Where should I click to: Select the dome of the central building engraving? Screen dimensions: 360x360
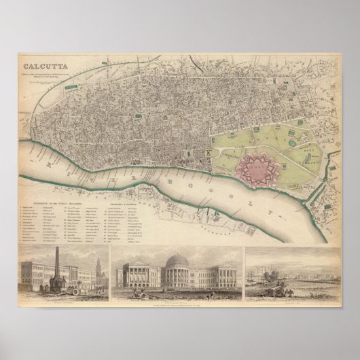[x=179, y=262]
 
